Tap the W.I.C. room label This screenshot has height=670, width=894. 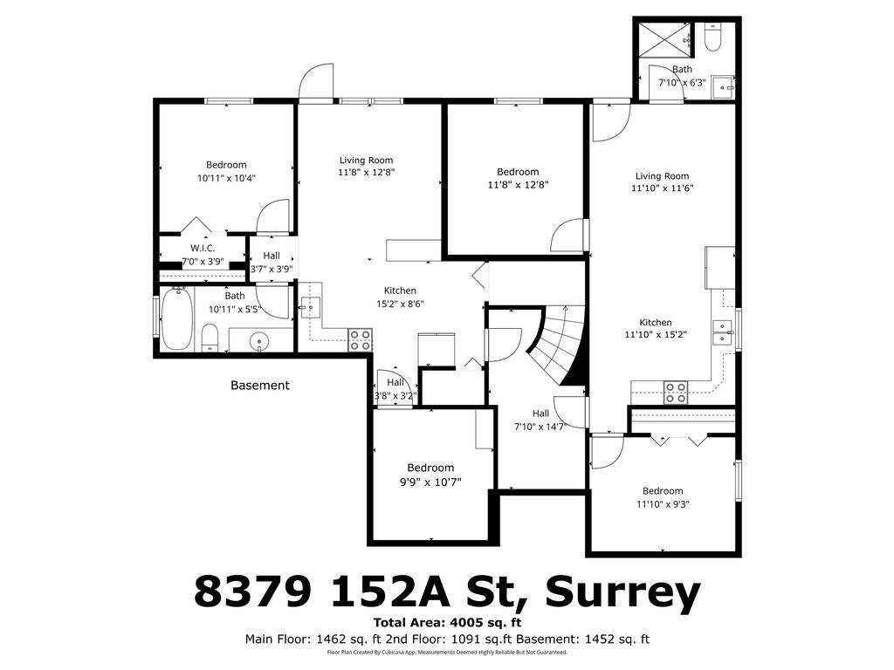203,249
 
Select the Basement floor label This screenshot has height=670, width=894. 259,385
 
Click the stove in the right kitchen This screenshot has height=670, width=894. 675,393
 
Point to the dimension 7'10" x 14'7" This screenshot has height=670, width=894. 541,427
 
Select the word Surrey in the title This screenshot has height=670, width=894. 622,592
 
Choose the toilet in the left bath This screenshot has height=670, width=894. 210,338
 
